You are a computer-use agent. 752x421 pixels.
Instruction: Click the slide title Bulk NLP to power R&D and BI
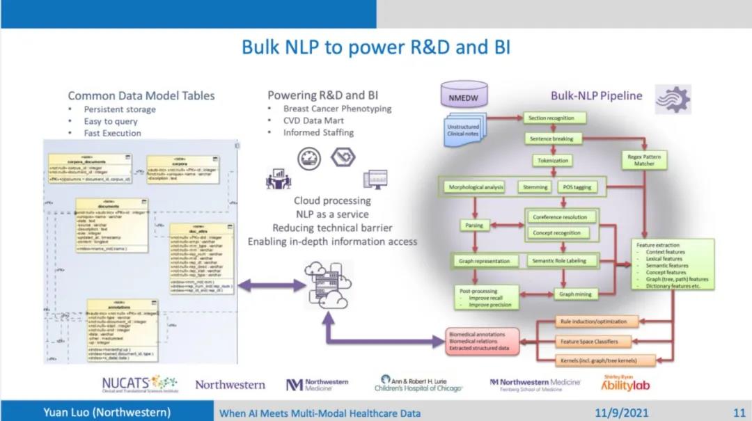376,47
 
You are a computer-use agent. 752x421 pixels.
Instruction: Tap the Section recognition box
551,118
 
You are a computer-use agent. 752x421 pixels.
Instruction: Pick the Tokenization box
554,161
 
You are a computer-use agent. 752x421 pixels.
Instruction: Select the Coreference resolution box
560,217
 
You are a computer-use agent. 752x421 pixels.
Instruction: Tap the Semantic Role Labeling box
560,261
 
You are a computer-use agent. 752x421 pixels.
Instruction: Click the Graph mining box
574,294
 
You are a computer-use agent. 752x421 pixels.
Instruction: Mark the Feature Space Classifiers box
590,342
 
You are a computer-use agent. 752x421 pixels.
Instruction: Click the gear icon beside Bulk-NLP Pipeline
673,99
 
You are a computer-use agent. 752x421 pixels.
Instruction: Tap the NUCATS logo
139,383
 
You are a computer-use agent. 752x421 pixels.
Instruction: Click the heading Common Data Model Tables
141,96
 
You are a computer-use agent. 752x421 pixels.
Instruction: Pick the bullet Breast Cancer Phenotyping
337,109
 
